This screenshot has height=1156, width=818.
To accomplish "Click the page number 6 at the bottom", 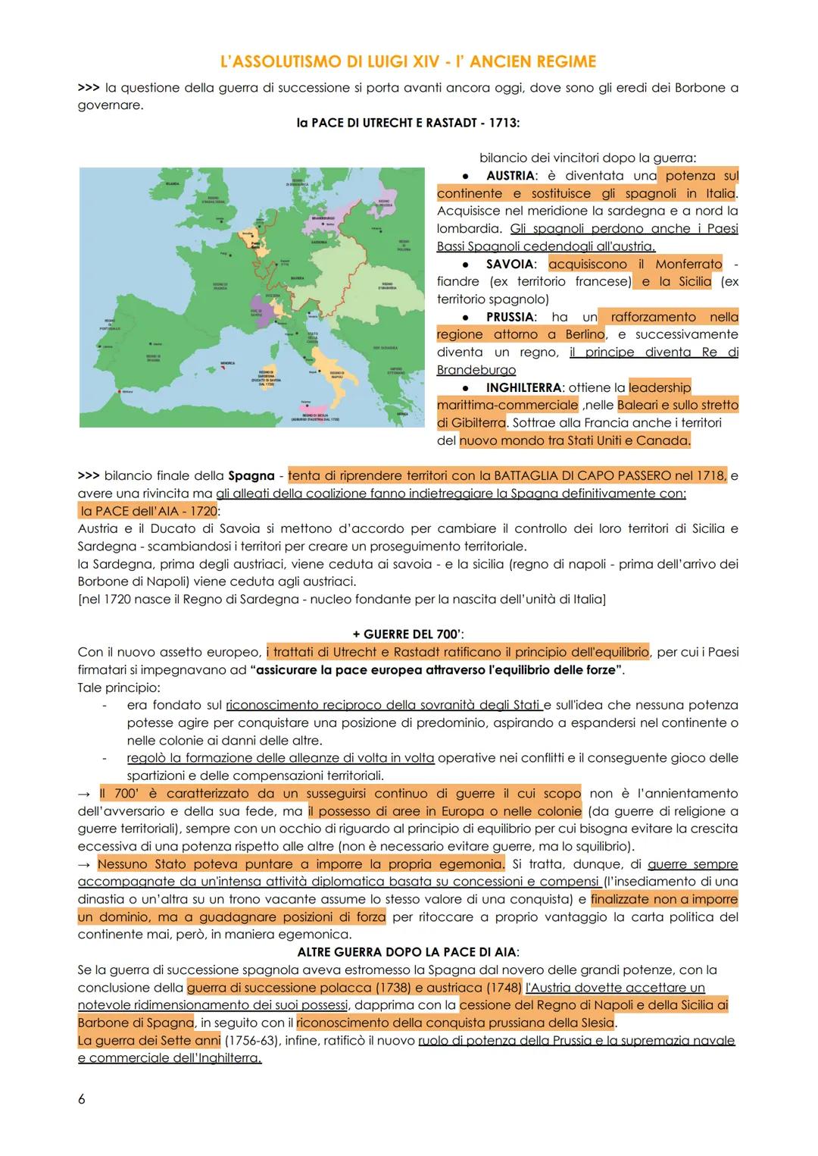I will coord(82,1099).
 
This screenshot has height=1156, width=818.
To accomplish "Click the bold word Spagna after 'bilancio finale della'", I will coord(251,476).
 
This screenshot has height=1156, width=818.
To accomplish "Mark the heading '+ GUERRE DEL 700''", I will coord(409,634).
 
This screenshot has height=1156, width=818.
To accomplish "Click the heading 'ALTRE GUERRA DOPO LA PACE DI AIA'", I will coord(408,951).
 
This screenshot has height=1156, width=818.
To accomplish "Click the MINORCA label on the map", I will coord(227,363).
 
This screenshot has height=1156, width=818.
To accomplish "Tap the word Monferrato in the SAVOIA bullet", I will coord(687,265).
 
